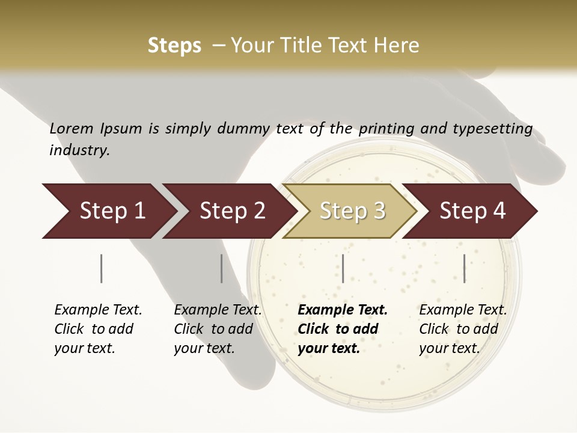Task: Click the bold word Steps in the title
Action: (174, 46)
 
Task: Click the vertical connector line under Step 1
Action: (102, 268)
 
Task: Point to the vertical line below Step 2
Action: (222, 268)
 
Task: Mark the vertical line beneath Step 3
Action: (343, 268)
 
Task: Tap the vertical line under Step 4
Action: (464, 268)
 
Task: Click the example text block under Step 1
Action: (98, 329)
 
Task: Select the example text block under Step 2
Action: (218, 329)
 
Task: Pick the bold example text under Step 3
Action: (343, 329)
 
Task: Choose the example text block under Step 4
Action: (463, 329)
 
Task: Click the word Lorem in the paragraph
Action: (72, 128)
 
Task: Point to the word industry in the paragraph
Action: (79, 150)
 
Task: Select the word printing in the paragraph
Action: (387, 128)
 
